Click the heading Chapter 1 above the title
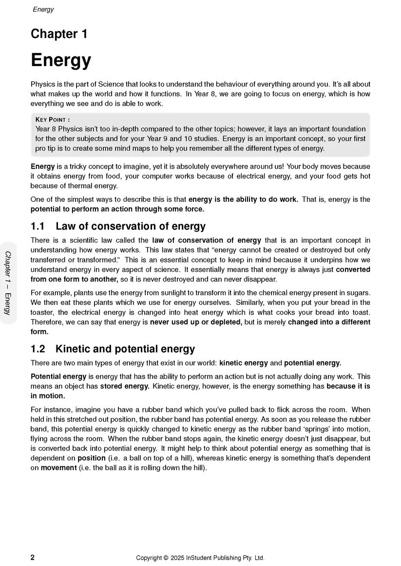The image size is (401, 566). coord(59,34)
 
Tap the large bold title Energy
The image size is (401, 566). coord(61,60)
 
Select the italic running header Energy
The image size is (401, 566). coord(43,9)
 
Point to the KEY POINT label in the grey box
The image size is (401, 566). coord(53,120)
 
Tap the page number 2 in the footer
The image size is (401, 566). coord(33,557)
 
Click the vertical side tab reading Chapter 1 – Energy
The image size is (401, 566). coord(8,283)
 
